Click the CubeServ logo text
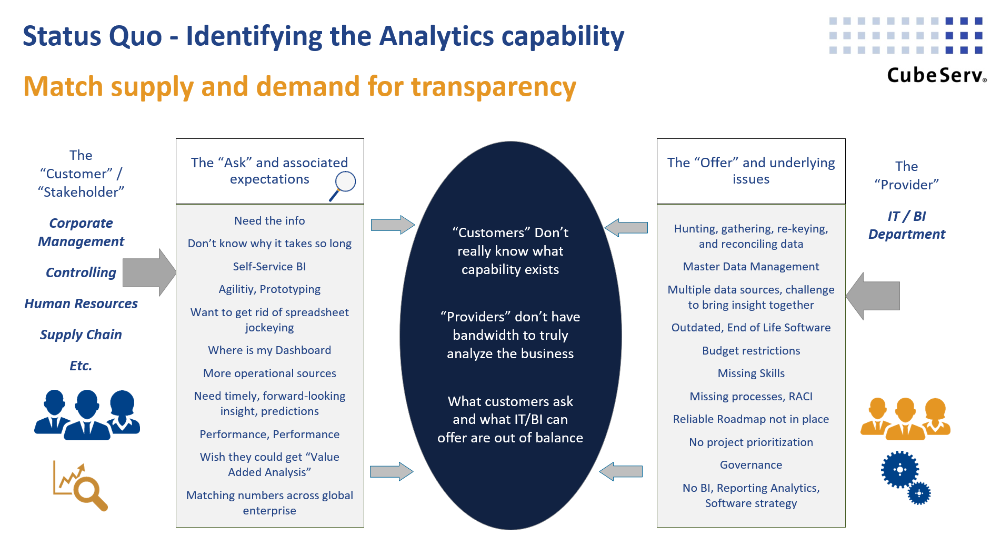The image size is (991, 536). (x=936, y=75)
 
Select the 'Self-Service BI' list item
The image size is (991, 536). (x=269, y=267)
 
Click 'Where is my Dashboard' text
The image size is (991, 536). (x=269, y=350)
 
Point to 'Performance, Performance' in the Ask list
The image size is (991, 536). (x=269, y=434)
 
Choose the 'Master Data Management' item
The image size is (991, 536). (x=751, y=267)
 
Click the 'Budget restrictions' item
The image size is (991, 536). (x=751, y=351)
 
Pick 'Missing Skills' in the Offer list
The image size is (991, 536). (x=751, y=373)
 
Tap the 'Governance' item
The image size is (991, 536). (x=751, y=465)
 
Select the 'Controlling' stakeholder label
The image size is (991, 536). (x=81, y=272)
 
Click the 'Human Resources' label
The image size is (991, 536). (x=81, y=304)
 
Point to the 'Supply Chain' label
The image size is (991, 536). (x=81, y=335)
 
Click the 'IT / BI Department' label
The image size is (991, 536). (x=906, y=225)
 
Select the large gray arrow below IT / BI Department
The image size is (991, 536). (x=873, y=296)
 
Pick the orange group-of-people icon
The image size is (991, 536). (x=905, y=419)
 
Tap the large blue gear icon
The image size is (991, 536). (x=899, y=469)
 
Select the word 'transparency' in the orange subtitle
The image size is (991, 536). (x=494, y=87)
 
